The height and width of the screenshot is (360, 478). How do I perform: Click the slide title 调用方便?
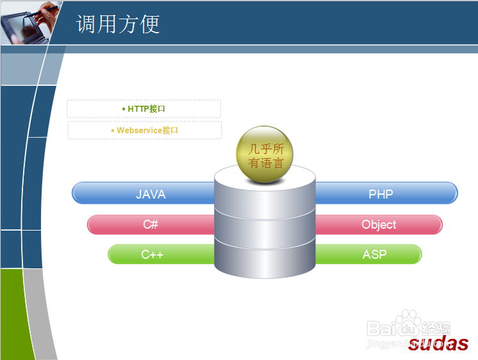pos(118,24)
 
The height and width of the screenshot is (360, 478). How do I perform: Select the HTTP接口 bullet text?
pos(146,109)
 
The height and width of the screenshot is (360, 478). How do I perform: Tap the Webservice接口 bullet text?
pos(147,131)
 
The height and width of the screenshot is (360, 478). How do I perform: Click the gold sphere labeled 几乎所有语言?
pos(265,154)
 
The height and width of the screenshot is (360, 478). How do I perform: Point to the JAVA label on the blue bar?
pos(151,194)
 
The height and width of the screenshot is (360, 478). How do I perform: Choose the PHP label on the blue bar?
pos(381,194)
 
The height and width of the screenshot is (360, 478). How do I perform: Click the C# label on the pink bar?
pos(151,224)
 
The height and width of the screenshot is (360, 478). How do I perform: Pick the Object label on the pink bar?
pos(379,225)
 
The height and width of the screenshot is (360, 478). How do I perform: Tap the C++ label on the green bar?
pos(152,254)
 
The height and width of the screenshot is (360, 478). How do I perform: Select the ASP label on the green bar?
pos(375,254)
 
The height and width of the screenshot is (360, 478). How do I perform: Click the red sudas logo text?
pos(438,343)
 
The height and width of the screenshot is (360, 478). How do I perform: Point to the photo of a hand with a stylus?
pos(29,22)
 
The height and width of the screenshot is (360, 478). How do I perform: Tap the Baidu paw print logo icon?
pos(408,323)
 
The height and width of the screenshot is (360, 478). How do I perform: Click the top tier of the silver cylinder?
pos(265,192)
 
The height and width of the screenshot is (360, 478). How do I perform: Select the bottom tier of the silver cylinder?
pos(265,259)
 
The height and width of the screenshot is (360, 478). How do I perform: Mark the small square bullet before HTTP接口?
pos(124,109)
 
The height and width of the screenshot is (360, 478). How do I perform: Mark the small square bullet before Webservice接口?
pos(113,131)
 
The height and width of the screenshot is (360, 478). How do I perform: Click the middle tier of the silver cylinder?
pos(265,227)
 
